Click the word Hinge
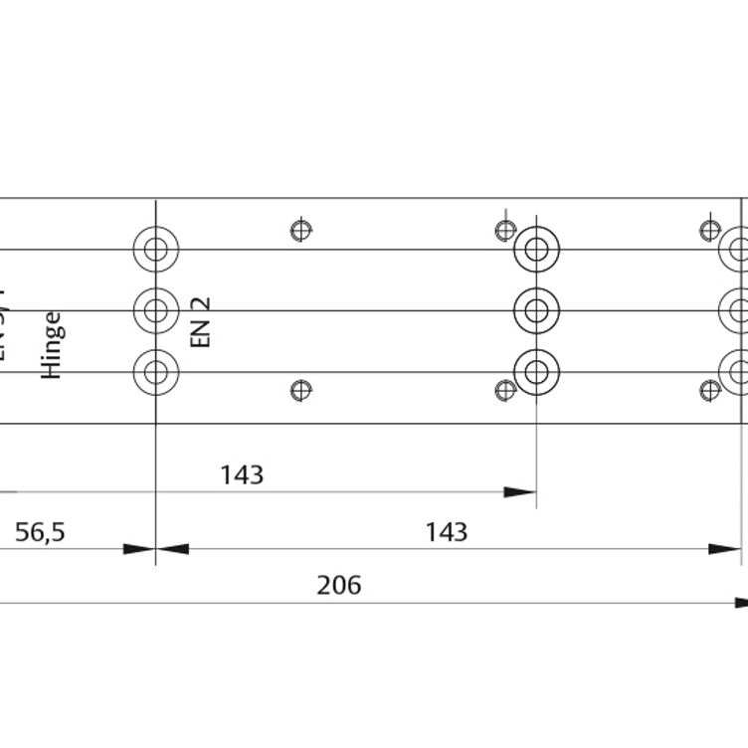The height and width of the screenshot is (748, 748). click(53, 345)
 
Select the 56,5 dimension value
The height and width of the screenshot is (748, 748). click(40, 532)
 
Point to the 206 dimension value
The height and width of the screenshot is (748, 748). click(338, 586)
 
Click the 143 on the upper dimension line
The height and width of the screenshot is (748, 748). click(242, 475)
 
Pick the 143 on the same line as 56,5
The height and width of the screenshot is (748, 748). click(446, 532)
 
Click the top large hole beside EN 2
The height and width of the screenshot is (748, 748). click(156, 249)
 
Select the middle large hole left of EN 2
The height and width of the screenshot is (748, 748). click(156, 310)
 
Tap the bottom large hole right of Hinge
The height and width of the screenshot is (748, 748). click(156, 372)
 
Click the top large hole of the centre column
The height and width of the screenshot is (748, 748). click(536, 249)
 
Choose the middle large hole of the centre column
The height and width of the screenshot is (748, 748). click(536, 310)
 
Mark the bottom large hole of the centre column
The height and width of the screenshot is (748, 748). click(536, 372)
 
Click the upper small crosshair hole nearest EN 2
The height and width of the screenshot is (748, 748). click(301, 231)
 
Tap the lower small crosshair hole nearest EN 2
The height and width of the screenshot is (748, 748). click(301, 390)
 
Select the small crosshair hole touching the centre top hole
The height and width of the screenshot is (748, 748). click(506, 231)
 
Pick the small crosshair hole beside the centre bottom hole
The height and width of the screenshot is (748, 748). click(506, 390)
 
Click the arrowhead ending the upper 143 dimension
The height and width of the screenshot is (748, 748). click(520, 491)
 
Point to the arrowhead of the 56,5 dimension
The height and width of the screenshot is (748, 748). click(139, 548)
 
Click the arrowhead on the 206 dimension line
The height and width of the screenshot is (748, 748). click(741, 603)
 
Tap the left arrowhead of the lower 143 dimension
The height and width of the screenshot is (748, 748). click(173, 548)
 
